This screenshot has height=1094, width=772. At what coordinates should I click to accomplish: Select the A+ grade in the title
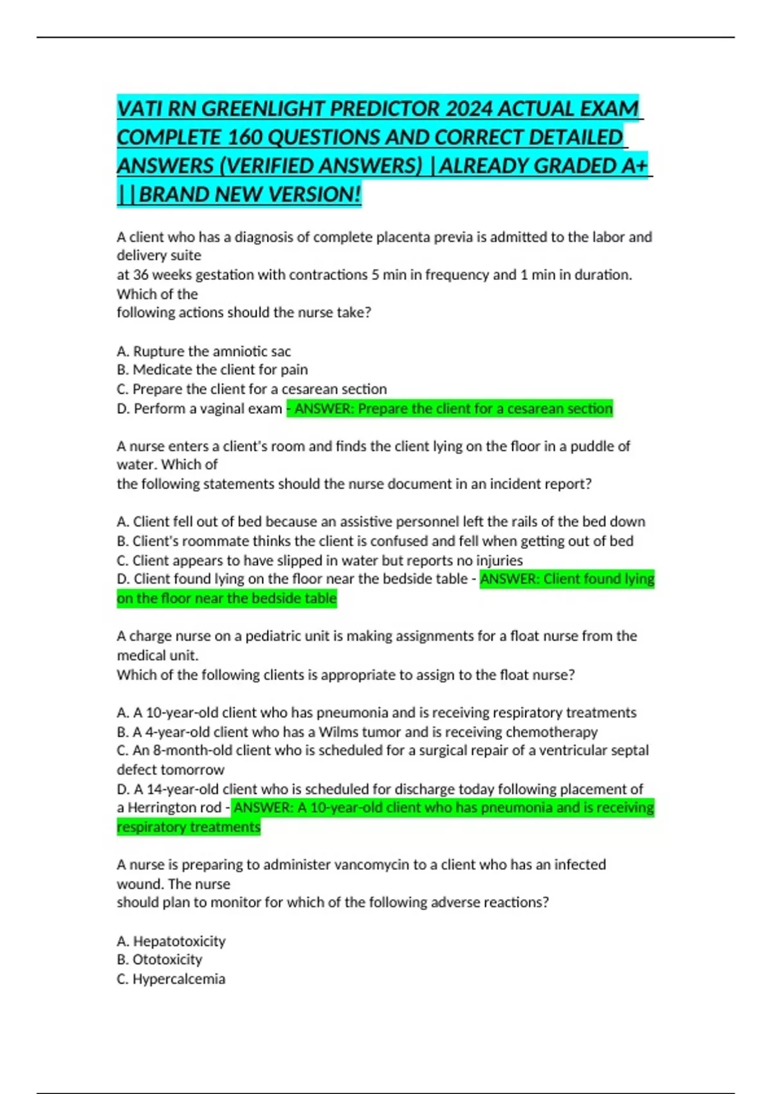click(634, 165)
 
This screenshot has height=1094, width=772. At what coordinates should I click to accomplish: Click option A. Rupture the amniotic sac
click(204, 351)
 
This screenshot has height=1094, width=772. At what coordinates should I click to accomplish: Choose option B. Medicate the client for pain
click(212, 370)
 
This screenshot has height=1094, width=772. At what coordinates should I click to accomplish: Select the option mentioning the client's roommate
click(375, 541)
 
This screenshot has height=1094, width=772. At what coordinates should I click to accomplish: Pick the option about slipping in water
click(320, 561)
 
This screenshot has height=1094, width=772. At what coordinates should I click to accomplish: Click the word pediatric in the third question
click(270, 636)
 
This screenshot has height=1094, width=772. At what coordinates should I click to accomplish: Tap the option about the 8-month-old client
click(383, 750)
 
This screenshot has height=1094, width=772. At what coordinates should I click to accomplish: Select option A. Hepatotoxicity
click(171, 941)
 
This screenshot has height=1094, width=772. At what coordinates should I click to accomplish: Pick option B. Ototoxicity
click(160, 960)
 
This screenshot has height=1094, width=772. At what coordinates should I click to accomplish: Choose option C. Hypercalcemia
click(171, 979)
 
